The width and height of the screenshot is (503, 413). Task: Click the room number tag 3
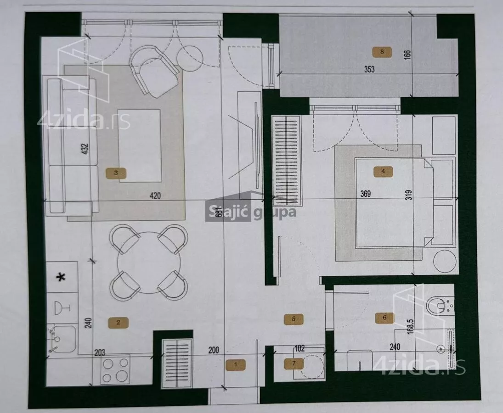(x=116, y=173)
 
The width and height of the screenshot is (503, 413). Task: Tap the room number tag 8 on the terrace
(x=382, y=51)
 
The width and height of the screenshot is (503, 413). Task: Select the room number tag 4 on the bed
(x=383, y=172)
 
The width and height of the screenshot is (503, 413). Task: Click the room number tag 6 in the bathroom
(x=384, y=318)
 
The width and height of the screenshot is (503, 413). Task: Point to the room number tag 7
(x=294, y=363)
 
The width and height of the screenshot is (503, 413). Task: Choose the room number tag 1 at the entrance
(x=236, y=365)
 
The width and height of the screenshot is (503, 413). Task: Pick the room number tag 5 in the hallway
(x=294, y=319)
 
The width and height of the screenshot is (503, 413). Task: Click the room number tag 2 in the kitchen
(x=119, y=322)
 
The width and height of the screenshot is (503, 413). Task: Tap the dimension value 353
(x=369, y=69)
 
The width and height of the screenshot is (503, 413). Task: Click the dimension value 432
(x=85, y=149)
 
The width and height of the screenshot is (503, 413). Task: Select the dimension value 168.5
(x=410, y=327)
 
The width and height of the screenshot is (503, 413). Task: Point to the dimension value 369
(x=365, y=194)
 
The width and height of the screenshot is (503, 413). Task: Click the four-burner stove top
(x=115, y=370)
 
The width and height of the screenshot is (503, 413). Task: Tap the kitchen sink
(x=62, y=339)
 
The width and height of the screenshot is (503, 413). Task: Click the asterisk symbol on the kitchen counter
(x=61, y=277)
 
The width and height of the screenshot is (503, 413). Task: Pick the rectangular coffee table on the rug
(x=140, y=146)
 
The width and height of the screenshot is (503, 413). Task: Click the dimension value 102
(x=300, y=348)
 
